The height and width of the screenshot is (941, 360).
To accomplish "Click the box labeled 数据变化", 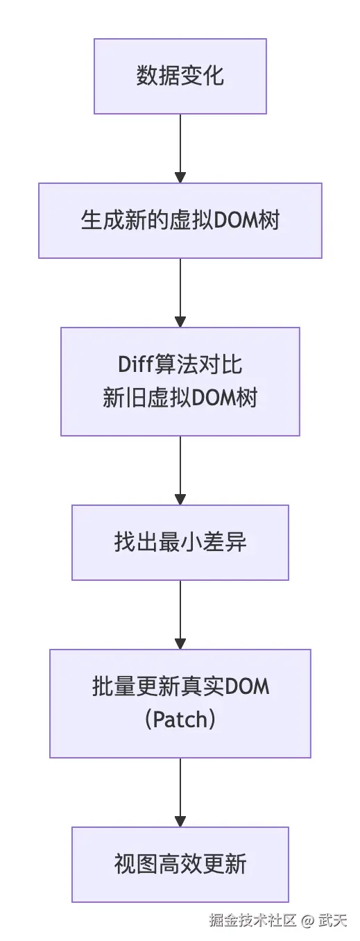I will click(x=180, y=76).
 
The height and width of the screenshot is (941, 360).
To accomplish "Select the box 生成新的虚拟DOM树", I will click(x=180, y=220).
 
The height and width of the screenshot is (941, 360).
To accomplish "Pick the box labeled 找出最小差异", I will click(x=180, y=542).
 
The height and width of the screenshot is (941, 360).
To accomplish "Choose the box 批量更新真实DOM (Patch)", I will click(x=180, y=703).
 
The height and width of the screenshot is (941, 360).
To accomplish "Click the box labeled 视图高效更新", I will click(x=180, y=864).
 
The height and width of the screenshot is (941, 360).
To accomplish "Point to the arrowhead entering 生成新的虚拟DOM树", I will click(x=180, y=177).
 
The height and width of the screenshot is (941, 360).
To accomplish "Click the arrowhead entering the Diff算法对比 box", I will click(x=180, y=321).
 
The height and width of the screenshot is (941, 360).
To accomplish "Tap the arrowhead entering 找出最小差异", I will click(x=180, y=499).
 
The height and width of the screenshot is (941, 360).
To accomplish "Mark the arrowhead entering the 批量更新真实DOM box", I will click(x=180, y=643).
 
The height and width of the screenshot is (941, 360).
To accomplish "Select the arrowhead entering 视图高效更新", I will click(x=180, y=821).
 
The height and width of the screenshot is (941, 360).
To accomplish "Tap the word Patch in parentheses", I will click(x=180, y=719).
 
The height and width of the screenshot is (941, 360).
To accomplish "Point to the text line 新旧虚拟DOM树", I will click(x=180, y=399).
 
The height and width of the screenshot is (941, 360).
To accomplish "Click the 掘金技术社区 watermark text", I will click(x=253, y=921).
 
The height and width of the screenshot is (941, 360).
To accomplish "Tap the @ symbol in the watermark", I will click(x=308, y=921).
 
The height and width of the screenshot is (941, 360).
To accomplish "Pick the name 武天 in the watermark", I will click(x=333, y=921).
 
